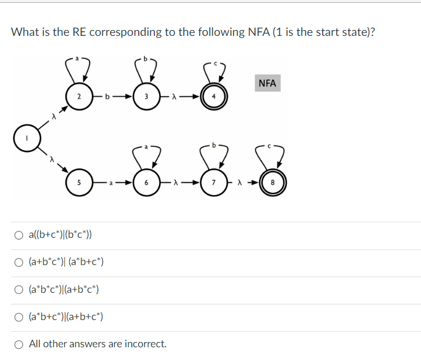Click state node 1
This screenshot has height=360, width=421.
(x=28, y=139)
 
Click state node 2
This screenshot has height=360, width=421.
(x=79, y=97)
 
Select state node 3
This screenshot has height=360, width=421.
(x=147, y=97)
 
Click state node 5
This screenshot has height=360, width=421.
(x=79, y=182)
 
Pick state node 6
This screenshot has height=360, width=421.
(x=147, y=182)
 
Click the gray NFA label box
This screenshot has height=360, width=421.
(x=267, y=83)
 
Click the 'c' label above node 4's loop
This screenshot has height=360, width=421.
(x=214, y=63)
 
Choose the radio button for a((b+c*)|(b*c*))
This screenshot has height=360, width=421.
(x=20, y=235)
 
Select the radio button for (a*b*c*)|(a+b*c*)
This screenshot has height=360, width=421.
(x=20, y=289)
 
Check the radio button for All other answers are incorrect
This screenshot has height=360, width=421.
(x=20, y=344)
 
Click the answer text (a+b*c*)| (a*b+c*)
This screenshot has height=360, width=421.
(x=66, y=262)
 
